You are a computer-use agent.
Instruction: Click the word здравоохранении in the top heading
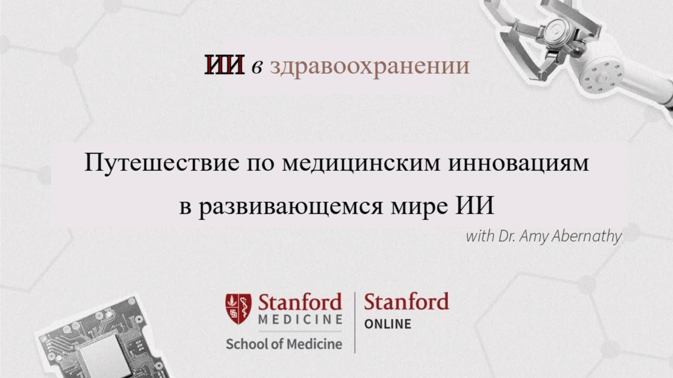370,66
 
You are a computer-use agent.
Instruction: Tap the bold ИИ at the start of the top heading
224,65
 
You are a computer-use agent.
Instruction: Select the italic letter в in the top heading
257,66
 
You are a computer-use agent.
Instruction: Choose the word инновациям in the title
518,163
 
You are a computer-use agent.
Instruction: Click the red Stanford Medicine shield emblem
238,309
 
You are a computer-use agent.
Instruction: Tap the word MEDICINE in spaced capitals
300,320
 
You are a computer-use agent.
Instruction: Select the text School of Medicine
284,344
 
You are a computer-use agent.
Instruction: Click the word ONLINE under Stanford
388,324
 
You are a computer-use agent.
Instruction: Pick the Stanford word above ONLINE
406,302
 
